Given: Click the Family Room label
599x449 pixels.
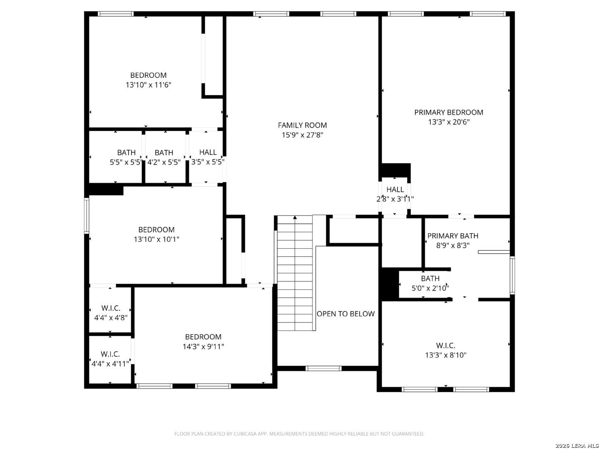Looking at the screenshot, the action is [302, 125].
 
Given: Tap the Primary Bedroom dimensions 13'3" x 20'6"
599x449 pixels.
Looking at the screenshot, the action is [449, 122].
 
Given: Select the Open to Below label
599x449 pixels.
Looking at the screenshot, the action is [346, 314].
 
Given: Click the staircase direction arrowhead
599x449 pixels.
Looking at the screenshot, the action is [295, 217].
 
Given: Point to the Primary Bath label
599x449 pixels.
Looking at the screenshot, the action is [453, 236].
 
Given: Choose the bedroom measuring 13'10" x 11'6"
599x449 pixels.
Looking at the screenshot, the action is [148, 80].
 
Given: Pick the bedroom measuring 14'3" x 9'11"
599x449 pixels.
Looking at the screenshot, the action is [203, 342].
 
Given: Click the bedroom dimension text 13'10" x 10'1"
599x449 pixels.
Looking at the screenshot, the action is [156, 239].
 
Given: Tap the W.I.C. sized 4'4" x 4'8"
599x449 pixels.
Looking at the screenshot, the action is [111, 313].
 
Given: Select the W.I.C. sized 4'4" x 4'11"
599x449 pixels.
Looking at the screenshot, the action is [110, 359].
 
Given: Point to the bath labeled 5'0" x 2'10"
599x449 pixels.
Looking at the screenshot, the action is [430, 283].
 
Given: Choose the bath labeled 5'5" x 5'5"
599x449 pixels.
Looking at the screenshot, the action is [126, 157].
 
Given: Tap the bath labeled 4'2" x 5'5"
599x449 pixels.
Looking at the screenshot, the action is [164, 157].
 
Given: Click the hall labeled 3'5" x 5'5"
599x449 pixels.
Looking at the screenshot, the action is [208, 157].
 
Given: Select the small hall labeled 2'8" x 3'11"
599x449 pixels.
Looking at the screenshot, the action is [395, 194].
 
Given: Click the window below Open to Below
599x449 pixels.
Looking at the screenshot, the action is [323, 369].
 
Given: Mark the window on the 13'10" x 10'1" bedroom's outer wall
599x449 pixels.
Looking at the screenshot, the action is [87, 216].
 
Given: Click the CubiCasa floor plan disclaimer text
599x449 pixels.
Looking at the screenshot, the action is [299, 434].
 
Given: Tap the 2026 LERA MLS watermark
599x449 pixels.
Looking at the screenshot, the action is [577, 445].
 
